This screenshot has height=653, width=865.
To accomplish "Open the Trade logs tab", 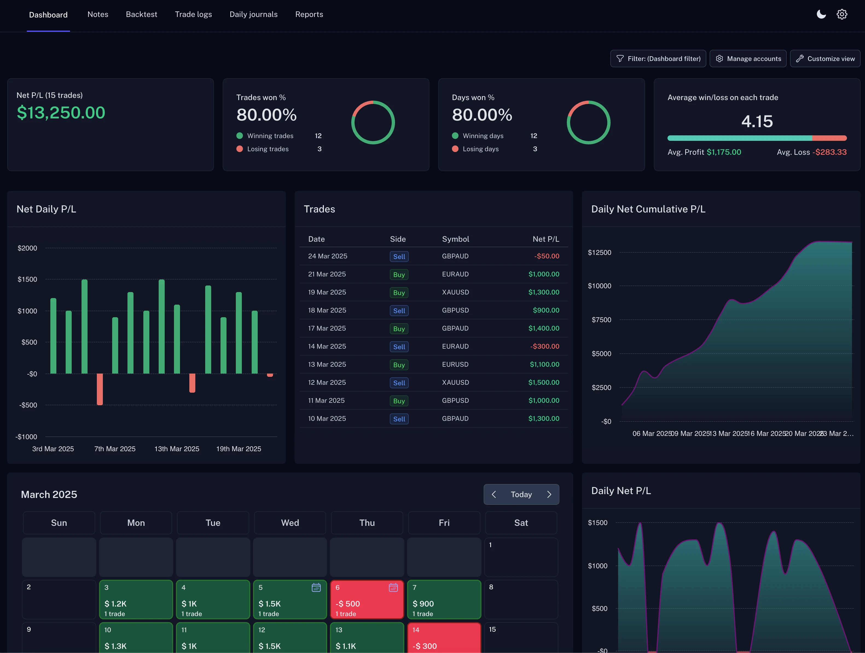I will [193, 14].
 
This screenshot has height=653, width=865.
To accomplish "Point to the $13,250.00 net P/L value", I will [61, 113].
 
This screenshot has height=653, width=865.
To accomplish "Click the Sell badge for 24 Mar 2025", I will [399, 256].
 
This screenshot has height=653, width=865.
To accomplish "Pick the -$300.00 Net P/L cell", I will [544, 346].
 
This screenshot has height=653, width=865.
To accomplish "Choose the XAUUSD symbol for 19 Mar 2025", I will [455, 292].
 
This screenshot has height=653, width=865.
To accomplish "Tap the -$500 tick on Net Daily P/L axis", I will [28, 405].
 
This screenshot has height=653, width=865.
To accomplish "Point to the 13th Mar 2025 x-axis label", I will [177, 449].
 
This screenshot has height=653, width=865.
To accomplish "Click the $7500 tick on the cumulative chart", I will [601, 320].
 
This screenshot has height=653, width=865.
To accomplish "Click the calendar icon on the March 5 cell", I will [316, 587].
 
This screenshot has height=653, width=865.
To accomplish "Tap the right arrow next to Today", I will [549, 494].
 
